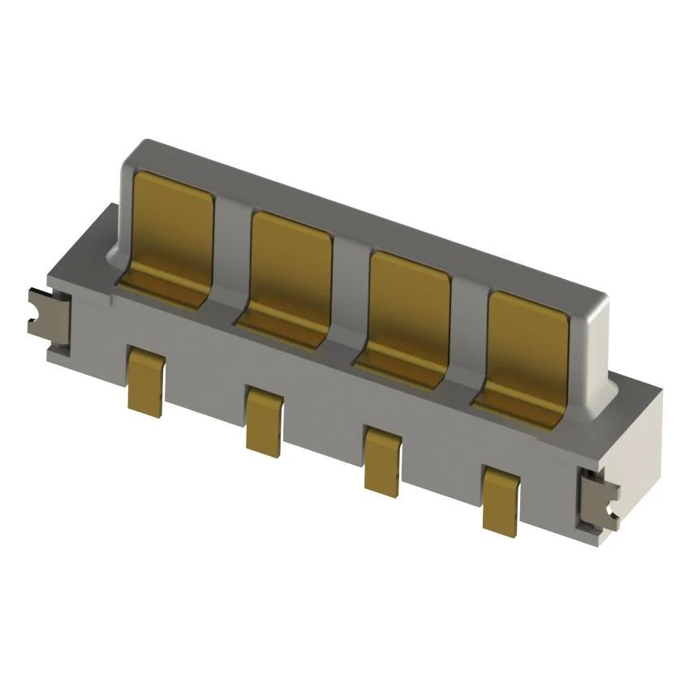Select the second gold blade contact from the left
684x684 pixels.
[290, 264]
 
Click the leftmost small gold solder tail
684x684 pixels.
[146, 381]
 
